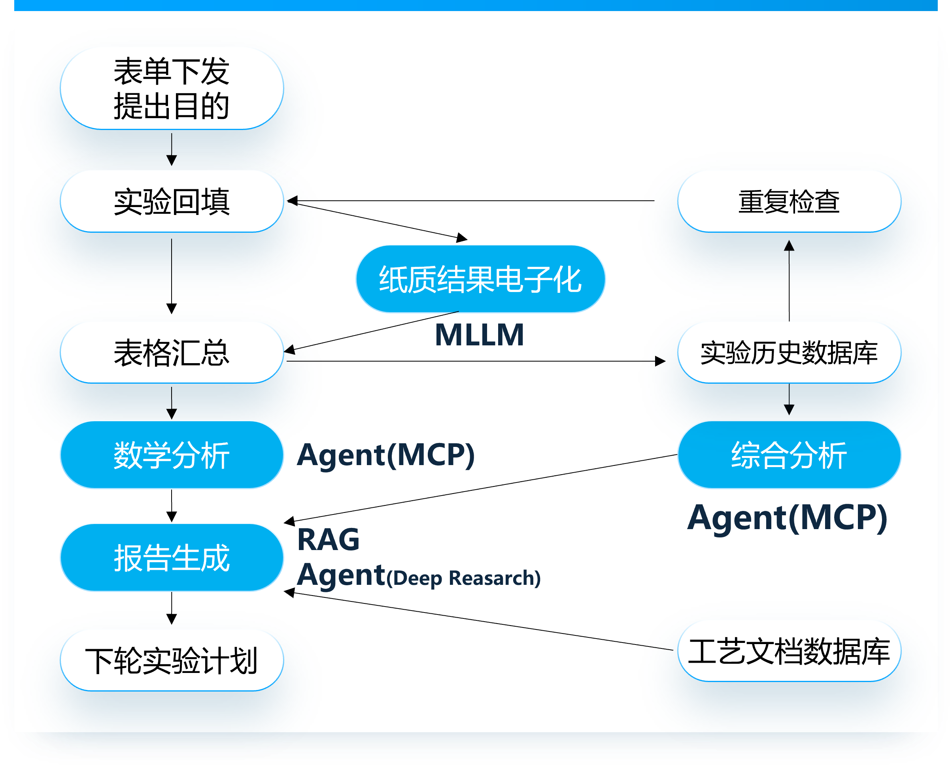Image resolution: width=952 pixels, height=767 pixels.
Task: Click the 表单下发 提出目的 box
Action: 172,89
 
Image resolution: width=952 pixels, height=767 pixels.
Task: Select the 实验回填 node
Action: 172,202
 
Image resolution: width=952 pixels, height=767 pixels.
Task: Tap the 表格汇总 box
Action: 172,352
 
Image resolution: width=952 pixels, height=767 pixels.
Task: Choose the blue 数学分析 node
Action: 172,455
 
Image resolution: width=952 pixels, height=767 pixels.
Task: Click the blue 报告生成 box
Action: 172,558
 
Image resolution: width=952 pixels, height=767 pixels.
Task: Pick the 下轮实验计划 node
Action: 172,661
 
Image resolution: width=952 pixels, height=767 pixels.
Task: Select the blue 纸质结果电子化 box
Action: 480,279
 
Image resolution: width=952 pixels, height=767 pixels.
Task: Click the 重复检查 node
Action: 789,202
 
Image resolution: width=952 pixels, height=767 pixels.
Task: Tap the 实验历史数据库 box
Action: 789,352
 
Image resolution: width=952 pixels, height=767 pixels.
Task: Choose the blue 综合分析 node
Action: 789,455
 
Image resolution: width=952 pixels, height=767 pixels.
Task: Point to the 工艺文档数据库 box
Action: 789,651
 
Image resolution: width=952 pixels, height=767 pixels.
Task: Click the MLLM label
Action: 480,335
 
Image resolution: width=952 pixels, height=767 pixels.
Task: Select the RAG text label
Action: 329,539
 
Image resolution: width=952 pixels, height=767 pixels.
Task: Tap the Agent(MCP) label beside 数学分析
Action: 386,455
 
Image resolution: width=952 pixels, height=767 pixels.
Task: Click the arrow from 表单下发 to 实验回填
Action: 172,149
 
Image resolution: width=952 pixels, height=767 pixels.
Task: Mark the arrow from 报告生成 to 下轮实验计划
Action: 172,608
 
